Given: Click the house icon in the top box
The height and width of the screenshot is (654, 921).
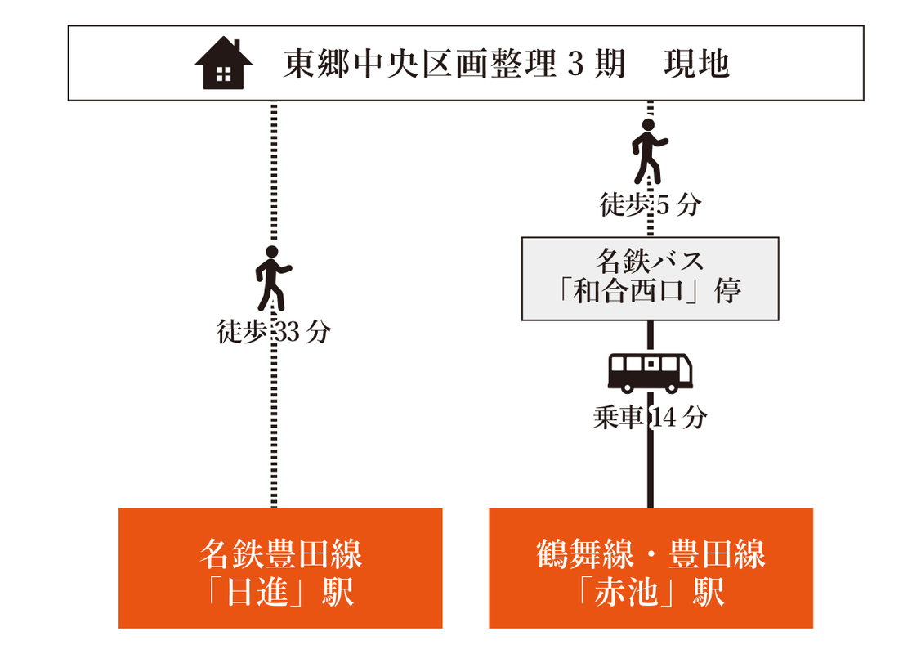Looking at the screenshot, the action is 223,63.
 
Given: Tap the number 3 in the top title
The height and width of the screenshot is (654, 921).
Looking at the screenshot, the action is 575,64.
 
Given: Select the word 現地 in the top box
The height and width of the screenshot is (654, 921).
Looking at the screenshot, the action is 696,64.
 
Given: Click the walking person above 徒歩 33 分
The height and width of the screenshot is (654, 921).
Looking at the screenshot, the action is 273,278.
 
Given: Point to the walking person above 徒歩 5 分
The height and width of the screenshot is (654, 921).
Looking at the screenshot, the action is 650,151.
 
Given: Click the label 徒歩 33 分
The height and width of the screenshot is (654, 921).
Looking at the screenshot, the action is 274,332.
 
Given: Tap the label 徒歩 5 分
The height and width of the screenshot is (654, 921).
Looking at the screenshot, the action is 651,205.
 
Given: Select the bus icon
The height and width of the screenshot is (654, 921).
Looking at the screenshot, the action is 651,373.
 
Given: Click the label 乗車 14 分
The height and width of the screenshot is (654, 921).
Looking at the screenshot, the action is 651,418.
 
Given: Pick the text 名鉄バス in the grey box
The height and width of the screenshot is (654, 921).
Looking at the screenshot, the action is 650,261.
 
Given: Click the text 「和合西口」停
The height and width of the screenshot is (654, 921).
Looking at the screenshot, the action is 650,291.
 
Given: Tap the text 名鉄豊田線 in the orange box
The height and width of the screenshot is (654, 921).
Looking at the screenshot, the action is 281,554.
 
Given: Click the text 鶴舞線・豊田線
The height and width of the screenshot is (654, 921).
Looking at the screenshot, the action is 651,554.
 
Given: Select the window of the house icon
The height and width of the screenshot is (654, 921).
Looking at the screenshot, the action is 223,74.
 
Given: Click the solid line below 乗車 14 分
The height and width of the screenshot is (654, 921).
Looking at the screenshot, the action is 651,470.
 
